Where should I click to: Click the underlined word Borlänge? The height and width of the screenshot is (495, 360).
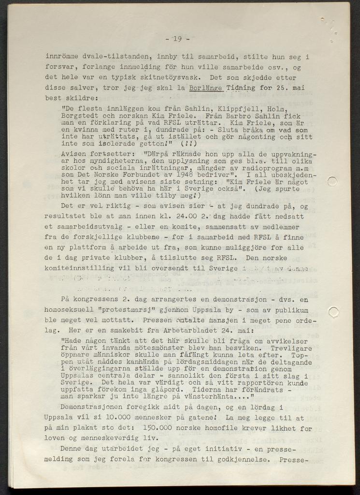(x=206, y=88)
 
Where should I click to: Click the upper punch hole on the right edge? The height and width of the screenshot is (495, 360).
(x=332, y=181)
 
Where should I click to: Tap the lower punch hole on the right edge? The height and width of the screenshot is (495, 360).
(x=333, y=312)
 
